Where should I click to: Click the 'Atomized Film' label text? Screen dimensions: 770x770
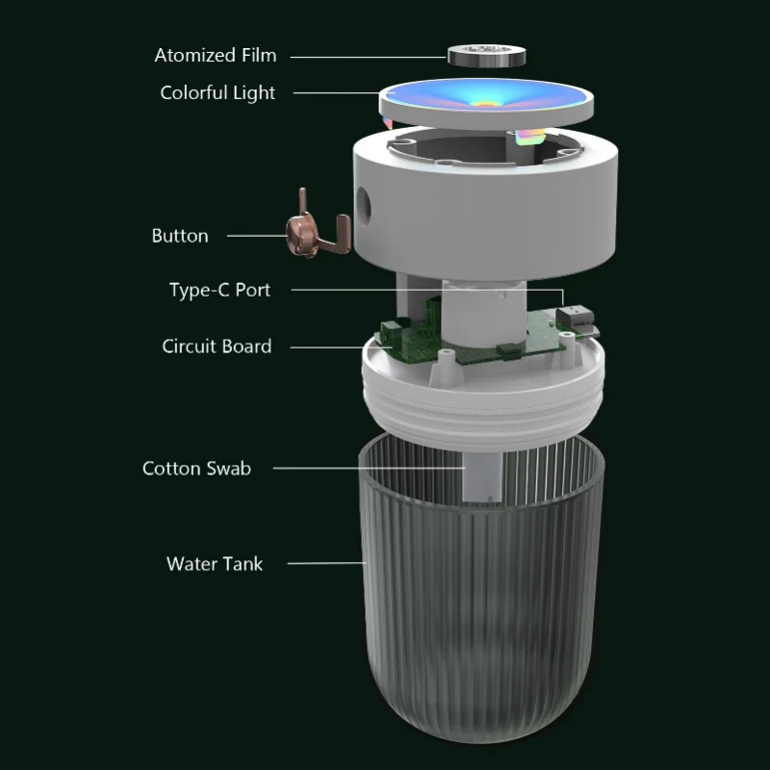pyautogui.click(x=216, y=55)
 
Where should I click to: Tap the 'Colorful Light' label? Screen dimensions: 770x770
pyautogui.click(x=218, y=92)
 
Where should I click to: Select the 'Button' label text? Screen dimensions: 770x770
pyautogui.click(x=180, y=236)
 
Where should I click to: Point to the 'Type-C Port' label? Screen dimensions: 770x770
pyautogui.click(x=219, y=290)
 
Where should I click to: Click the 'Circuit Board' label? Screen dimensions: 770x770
pyautogui.click(x=217, y=346)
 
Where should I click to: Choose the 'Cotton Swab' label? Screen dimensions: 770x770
pyautogui.click(x=196, y=468)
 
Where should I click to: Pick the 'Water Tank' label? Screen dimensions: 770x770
pyautogui.click(x=215, y=563)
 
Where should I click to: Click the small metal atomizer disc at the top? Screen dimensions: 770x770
pyautogui.click(x=486, y=56)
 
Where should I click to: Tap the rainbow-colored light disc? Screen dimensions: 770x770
pyautogui.click(x=486, y=103)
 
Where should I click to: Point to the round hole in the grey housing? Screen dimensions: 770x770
pyautogui.click(x=364, y=204)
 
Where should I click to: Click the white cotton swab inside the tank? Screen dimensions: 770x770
pyautogui.click(x=482, y=476)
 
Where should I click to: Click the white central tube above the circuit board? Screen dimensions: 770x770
pyautogui.click(x=484, y=312)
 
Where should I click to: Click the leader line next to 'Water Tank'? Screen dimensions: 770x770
pyautogui.click(x=327, y=563)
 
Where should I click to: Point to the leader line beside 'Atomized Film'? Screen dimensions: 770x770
pyautogui.click(x=369, y=57)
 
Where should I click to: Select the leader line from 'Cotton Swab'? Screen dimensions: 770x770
pyautogui.click(x=369, y=468)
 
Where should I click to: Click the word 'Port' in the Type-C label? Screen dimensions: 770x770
pyautogui.click(x=253, y=290)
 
